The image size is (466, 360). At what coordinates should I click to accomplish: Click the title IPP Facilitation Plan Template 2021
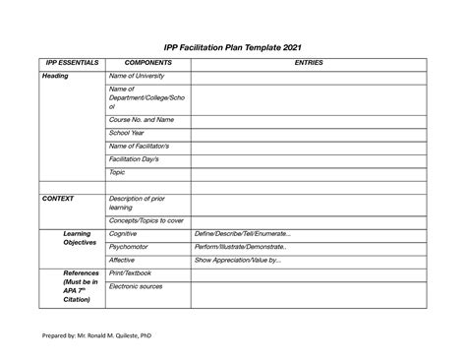(233, 46)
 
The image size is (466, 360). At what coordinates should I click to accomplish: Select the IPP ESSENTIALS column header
(71, 63)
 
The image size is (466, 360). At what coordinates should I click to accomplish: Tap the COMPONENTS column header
(146, 63)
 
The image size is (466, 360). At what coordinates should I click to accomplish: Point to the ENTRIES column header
(308, 63)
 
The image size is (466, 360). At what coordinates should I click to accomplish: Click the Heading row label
(54, 76)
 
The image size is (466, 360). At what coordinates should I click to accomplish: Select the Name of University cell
(138, 76)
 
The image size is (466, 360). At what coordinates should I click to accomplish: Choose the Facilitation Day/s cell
(139, 158)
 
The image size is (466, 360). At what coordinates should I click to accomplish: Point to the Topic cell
(117, 172)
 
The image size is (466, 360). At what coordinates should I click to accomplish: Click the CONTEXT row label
(58, 198)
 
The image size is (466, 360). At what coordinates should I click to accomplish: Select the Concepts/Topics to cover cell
(146, 220)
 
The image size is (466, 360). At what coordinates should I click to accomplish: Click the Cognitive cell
(124, 234)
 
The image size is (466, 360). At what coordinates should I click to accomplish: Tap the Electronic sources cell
(139, 286)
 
